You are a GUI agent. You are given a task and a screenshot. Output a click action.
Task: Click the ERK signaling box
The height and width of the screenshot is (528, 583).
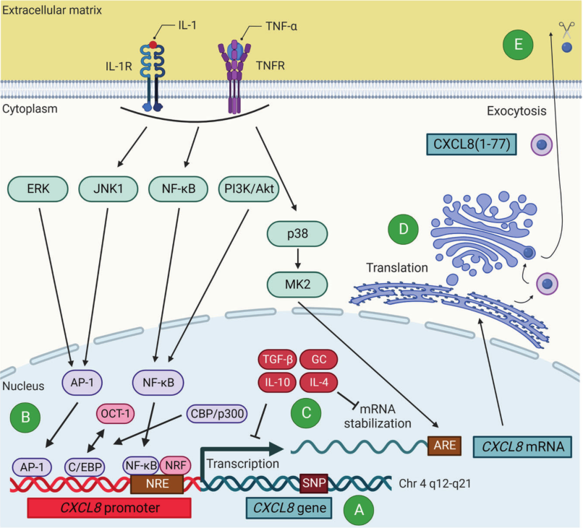[x=38, y=189]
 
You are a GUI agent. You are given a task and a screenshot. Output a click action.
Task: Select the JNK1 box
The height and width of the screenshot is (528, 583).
[x=108, y=189]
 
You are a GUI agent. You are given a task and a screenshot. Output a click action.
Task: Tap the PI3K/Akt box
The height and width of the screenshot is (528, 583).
[x=249, y=189]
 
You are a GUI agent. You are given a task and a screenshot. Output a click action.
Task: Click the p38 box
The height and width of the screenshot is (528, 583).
[x=297, y=234]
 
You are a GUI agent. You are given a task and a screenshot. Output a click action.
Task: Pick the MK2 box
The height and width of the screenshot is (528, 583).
[x=297, y=285]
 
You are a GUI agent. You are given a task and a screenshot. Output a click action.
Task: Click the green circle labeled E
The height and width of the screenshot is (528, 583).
[x=518, y=45]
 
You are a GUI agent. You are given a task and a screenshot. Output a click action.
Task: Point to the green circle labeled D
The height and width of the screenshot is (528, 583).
[x=404, y=229]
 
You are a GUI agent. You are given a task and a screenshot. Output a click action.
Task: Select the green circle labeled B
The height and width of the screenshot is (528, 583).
[x=25, y=417]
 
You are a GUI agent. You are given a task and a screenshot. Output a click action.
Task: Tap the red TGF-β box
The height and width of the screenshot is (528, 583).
[x=277, y=360]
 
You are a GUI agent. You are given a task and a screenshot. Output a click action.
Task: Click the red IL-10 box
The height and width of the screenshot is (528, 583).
[x=277, y=382]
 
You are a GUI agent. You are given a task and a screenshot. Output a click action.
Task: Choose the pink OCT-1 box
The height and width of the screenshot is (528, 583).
[x=115, y=414]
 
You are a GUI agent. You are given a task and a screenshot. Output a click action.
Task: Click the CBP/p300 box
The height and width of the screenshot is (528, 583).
[x=217, y=414]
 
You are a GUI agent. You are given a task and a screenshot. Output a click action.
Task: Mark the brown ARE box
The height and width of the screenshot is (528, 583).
[x=445, y=446]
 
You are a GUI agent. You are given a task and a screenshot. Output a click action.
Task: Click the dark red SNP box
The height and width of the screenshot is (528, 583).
[x=314, y=483]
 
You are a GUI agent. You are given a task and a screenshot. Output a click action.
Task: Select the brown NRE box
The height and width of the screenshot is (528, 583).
[x=157, y=484]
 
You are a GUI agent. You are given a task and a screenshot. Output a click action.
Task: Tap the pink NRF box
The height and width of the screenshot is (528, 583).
[x=176, y=466]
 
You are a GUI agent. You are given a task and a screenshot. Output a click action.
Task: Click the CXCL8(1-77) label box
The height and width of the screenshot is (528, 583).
[x=472, y=144]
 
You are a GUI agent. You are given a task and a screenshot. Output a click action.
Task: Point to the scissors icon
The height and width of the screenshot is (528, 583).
[x=566, y=30]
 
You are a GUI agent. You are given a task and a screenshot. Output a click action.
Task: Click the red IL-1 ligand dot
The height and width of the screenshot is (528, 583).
[x=153, y=45]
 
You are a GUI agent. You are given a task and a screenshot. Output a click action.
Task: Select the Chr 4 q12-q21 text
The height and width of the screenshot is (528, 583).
[x=435, y=484]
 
